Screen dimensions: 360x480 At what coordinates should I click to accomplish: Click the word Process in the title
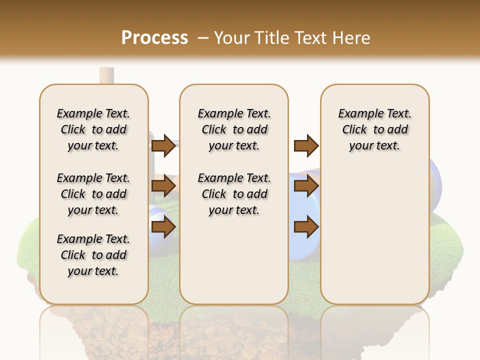click(x=154, y=37)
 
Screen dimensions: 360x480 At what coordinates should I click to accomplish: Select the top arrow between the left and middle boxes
click(x=163, y=145)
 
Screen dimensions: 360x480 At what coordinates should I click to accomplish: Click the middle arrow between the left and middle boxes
click(x=163, y=186)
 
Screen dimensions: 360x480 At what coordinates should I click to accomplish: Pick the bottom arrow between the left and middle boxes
click(x=163, y=227)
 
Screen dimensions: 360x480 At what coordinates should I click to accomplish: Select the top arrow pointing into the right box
click(x=306, y=145)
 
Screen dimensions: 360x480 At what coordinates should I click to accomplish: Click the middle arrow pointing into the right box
click(x=306, y=186)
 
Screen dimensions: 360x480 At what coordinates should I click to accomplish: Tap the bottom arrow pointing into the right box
click(x=306, y=227)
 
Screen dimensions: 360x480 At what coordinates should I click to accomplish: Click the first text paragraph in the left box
click(x=93, y=129)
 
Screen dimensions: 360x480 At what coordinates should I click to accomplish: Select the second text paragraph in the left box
click(x=93, y=194)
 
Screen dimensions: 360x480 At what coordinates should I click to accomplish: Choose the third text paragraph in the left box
click(x=93, y=255)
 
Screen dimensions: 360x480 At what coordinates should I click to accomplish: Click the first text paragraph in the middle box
click(x=234, y=129)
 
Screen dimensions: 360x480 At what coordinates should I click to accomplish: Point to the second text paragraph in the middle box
click(x=234, y=194)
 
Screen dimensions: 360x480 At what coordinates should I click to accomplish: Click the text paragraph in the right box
click(x=374, y=129)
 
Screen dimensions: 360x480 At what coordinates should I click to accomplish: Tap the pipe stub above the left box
click(x=106, y=75)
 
